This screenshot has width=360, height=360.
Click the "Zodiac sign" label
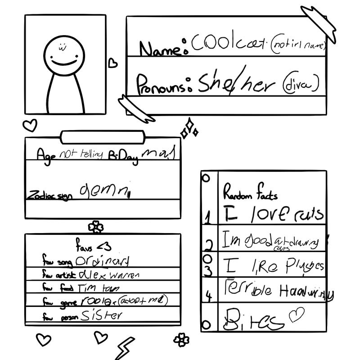pyautogui.click(x=49, y=196)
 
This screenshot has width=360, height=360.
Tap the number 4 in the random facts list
pyautogui.click(x=208, y=296)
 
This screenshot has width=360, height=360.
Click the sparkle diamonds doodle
pyautogui.click(x=189, y=129)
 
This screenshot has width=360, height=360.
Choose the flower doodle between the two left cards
pyautogui.click(x=95, y=227)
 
